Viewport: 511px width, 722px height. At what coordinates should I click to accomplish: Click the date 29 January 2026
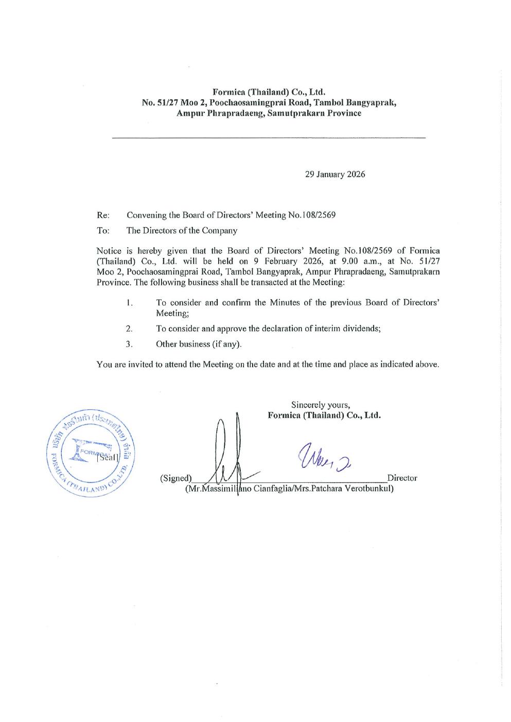(335, 174)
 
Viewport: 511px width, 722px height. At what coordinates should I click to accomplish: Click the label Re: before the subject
(102, 215)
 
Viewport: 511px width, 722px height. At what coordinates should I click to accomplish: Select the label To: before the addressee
(102, 230)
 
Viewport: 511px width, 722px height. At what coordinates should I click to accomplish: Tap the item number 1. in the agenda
(129, 303)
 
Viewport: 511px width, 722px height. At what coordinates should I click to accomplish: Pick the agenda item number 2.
(129, 329)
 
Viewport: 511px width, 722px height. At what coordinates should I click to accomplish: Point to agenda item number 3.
(129, 344)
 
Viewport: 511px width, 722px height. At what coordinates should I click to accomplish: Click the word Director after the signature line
(402, 478)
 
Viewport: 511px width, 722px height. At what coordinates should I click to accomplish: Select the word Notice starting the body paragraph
(109, 250)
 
